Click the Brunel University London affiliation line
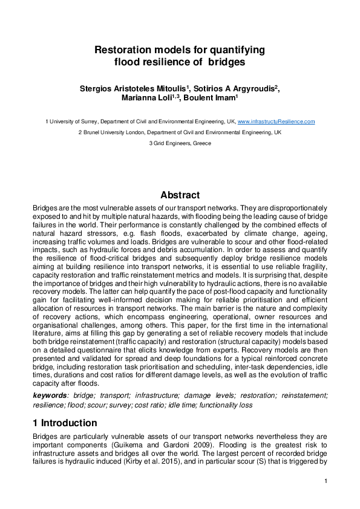(180, 132)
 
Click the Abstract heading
(180, 195)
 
